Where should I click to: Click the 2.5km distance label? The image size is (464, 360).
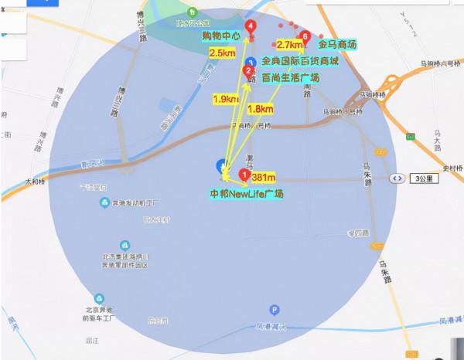pos(223,53)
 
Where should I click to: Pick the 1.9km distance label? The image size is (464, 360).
pos(225,99)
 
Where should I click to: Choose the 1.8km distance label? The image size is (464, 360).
pos(262,108)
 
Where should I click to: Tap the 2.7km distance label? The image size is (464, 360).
pos(289,46)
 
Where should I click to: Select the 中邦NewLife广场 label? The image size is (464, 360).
pos(247,193)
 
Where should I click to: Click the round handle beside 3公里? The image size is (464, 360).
pos(397,177)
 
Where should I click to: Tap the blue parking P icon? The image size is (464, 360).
pos(251,62)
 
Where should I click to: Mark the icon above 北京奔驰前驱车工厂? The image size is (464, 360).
pos(99,298)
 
